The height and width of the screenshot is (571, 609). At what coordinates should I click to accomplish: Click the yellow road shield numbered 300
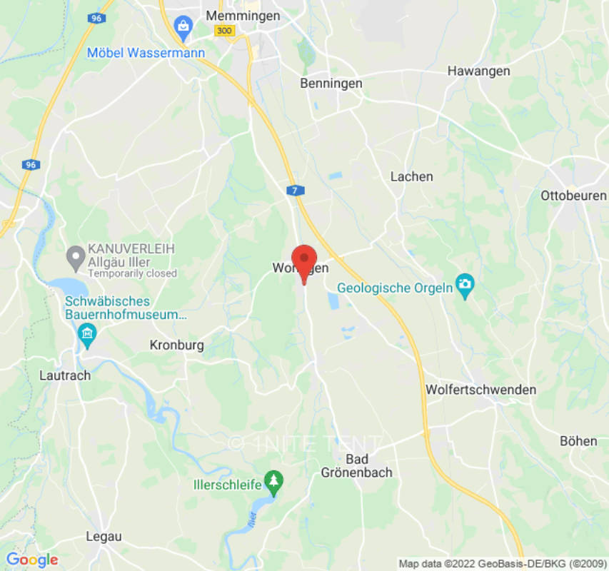pyautogui.click(x=224, y=30)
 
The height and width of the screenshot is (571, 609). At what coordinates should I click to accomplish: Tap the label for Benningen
pyautogui.click(x=331, y=84)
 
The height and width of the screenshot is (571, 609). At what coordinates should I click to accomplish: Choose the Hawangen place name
pyautogui.click(x=478, y=71)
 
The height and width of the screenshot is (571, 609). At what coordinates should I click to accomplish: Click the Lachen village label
pyautogui.click(x=411, y=176)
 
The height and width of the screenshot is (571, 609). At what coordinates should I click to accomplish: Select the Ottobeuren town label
pyautogui.click(x=573, y=195)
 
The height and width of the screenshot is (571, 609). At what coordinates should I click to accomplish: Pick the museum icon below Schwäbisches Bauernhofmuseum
pyautogui.click(x=87, y=333)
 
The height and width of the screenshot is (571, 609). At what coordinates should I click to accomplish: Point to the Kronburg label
pyautogui.click(x=176, y=345)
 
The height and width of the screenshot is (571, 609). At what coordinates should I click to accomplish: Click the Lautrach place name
pyautogui.click(x=64, y=375)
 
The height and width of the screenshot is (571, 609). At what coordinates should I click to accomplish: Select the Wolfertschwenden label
pyautogui.click(x=480, y=390)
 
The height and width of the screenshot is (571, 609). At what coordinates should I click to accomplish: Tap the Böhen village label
pyautogui.click(x=578, y=441)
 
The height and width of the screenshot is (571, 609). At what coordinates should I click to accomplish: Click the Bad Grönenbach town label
pyautogui.click(x=356, y=465)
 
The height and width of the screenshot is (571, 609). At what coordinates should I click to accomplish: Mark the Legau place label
pyautogui.click(x=104, y=536)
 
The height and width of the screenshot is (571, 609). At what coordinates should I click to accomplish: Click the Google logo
pyautogui.click(x=31, y=560)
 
